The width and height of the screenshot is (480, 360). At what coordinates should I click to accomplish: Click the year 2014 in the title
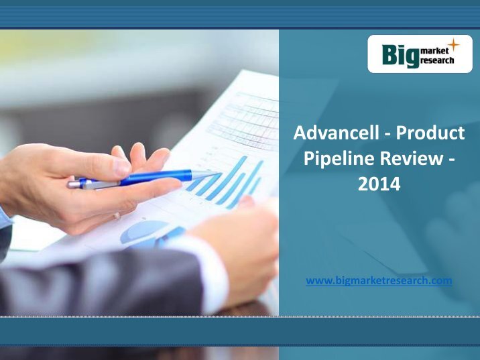click(x=379, y=184)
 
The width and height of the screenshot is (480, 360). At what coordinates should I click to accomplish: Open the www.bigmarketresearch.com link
click(x=379, y=280)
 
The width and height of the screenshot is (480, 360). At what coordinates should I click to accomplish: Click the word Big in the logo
click(x=401, y=56)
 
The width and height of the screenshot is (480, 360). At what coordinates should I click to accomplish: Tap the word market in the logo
click(x=435, y=51)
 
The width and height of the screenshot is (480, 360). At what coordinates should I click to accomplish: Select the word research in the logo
click(x=437, y=60)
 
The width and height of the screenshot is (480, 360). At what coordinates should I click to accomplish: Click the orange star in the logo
click(x=454, y=45)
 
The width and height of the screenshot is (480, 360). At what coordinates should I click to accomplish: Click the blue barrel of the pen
click(x=156, y=178)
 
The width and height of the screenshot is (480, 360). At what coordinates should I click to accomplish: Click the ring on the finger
click(x=117, y=215)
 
